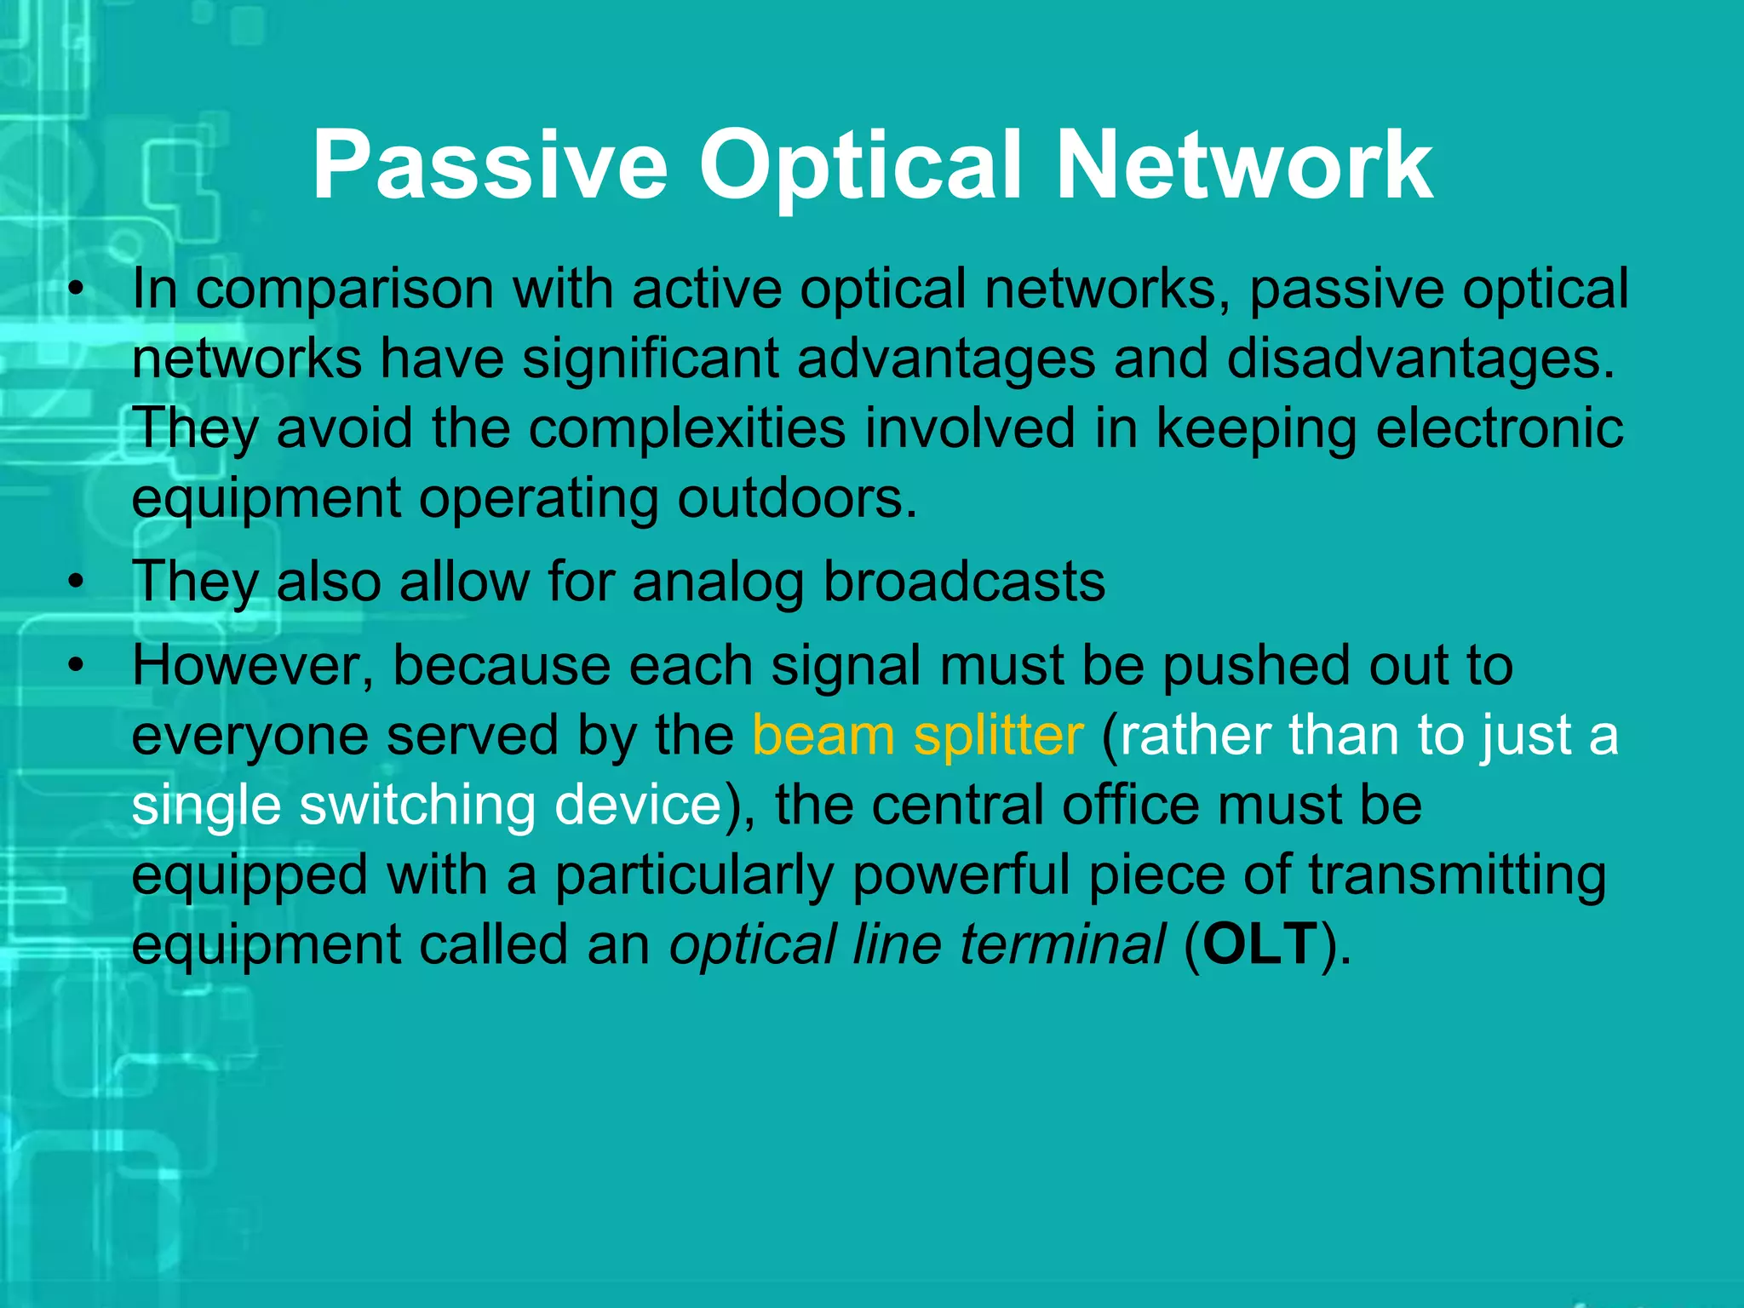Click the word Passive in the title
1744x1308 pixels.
click(x=490, y=166)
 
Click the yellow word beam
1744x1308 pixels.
click(x=822, y=736)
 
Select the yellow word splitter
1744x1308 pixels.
click(x=998, y=736)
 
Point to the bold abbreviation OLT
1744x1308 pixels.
click(x=1260, y=944)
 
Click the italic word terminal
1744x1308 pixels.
click(x=1062, y=944)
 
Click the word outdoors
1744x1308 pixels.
click(x=797, y=498)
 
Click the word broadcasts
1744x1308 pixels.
click(x=964, y=583)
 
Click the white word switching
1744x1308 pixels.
click(x=416, y=806)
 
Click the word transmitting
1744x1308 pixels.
click(x=1457, y=875)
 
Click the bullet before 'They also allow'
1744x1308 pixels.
click(x=77, y=583)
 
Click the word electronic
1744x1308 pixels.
click(x=1499, y=428)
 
